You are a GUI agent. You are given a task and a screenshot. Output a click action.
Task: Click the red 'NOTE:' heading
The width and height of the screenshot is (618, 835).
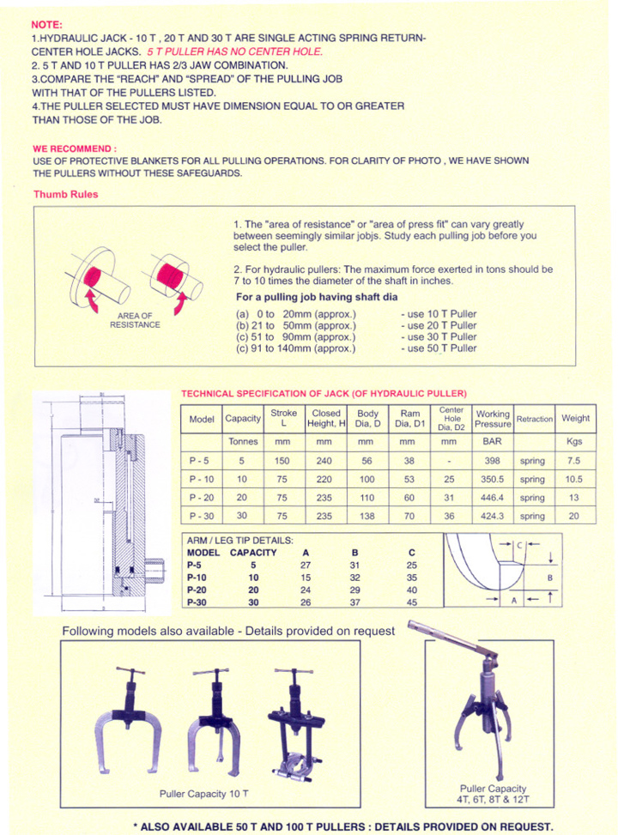[47, 26]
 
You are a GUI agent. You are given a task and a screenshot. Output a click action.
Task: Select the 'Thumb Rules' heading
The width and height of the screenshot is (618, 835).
[65, 194]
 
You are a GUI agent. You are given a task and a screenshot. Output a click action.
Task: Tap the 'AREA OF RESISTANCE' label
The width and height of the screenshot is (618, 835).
[135, 321]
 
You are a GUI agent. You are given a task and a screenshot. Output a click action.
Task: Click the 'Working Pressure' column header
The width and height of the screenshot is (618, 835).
[493, 419]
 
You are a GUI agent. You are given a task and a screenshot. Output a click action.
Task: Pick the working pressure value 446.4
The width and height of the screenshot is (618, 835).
[493, 498]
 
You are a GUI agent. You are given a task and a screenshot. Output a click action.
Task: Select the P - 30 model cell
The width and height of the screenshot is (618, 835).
[202, 517]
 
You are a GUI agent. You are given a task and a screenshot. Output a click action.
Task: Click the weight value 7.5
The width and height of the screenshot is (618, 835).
[575, 460]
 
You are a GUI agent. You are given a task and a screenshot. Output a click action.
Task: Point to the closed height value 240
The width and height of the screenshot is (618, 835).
[324, 460]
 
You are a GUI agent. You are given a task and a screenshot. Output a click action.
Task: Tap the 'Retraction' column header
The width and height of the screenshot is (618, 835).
[534, 419]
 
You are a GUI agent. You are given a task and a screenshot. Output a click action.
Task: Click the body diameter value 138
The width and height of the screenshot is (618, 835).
[367, 517]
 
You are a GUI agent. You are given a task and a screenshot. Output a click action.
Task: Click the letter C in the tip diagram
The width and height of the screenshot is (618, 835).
[519, 545]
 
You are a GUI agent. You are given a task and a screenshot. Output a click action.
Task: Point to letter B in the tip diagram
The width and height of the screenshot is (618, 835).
[549, 578]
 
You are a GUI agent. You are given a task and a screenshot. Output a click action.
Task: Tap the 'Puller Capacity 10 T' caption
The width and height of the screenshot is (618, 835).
[203, 793]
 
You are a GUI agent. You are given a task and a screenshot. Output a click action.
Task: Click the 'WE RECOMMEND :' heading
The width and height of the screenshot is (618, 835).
[75, 148]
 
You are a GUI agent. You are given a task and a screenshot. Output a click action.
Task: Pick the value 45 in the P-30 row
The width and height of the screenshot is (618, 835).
[412, 602]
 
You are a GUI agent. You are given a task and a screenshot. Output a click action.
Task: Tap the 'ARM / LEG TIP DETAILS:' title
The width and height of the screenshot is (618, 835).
[239, 541]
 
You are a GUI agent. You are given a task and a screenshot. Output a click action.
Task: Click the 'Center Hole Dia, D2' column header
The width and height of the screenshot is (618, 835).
[451, 418]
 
